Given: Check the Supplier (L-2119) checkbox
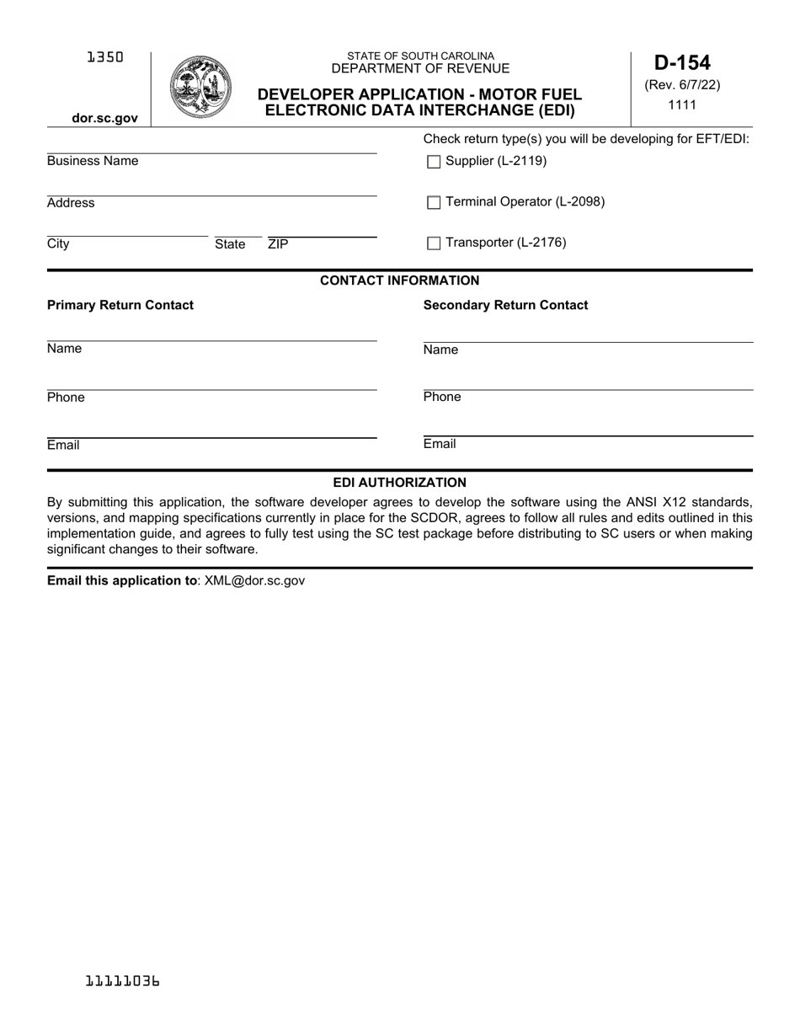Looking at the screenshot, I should [x=434, y=163].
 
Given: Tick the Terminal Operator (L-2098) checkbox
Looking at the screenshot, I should [x=434, y=202].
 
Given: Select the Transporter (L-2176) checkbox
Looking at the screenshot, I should [x=434, y=243].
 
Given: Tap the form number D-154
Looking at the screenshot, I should [x=682, y=63].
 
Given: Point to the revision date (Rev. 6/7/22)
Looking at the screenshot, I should [x=682, y=85].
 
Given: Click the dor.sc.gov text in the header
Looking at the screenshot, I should [x=104, y=118].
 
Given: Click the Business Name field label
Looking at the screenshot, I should [x=93, y=161].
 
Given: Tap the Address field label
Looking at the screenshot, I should [x=71, y=203].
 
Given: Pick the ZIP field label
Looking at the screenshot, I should [x=278, y=244].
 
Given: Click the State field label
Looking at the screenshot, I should [x=230, y=244].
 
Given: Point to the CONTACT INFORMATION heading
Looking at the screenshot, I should [x=399, y=280].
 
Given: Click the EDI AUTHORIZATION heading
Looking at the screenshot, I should [x=399, y=483].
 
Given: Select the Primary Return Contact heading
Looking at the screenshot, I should [x=120, y=305].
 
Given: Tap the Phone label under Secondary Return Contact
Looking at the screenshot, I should [x=442, y=397].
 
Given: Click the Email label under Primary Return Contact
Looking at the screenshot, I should [x=63, y=445].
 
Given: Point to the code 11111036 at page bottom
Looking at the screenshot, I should [x=123, y=981].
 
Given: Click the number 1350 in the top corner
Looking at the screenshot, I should [x=104, y=57].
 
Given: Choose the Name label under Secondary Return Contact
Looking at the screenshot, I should [x=440, y=350].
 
